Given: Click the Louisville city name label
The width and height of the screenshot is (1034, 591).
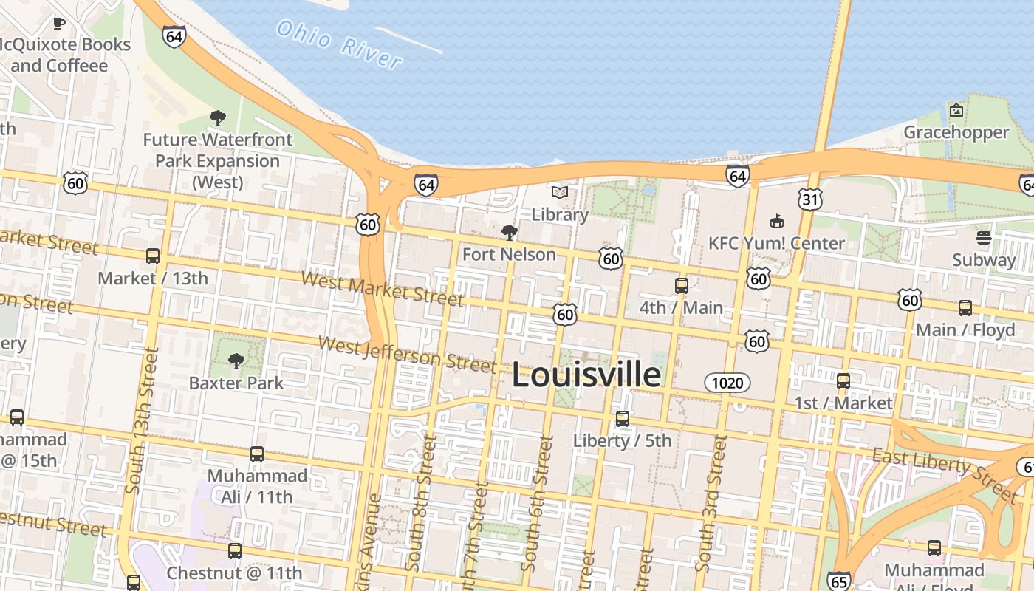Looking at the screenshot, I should (x=586, y=375).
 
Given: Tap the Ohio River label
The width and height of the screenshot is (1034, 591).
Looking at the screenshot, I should (x=340, y=44).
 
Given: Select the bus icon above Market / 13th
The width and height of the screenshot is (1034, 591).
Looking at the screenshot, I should (x=153, y=256).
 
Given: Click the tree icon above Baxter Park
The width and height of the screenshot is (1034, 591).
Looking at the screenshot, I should (x=236, y=361).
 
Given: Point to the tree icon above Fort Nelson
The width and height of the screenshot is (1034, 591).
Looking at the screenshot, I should (x=509, y=233).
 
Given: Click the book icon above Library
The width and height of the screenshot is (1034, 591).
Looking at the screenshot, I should (x=560, y=193).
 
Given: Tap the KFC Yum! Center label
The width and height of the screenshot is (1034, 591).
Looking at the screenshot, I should (x=776, y=243).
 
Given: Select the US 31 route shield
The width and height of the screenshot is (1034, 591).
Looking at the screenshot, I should (x=810, y=198).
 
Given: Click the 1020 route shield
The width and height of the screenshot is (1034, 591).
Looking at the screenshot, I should (x=727, y=383).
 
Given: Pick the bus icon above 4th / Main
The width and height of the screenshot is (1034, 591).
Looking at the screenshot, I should (x=682, y=286).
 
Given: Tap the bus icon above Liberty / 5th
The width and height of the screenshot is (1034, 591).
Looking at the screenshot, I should (x=623, y=419).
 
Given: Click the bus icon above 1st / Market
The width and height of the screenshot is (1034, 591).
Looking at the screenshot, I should (x=843, y=381).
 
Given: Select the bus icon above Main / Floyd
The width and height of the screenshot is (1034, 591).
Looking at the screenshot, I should (x=965, y=308).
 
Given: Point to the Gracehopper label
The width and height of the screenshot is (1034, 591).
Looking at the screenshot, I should (x=956, y=132).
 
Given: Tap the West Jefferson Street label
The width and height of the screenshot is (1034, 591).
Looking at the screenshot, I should (x=407, y=354).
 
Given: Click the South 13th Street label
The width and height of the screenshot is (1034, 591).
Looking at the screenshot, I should (x=142, y=420).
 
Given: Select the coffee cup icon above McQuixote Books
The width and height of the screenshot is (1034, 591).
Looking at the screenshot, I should (x=59, y=23).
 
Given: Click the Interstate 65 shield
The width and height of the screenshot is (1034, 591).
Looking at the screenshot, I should (x=838, y=581).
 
